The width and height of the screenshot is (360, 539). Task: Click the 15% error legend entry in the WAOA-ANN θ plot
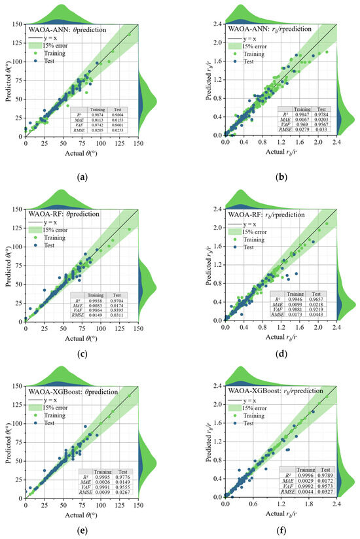click(62, 46)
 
